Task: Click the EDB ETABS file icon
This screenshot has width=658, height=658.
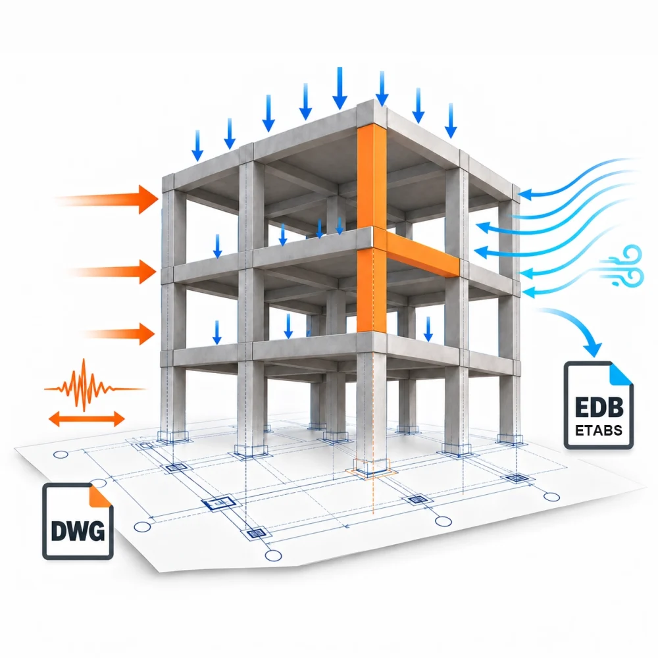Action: tap(598, 405)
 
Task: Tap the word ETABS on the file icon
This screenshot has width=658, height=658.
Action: tap(598, 430)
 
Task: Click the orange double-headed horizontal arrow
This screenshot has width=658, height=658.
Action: tap(86, 418)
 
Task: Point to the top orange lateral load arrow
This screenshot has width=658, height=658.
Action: tap(107, 199)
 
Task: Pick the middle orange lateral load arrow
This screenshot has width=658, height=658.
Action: tap(112, 272)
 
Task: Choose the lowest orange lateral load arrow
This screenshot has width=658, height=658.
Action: tap(119, 334)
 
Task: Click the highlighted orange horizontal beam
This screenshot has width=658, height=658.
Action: tap(422, 254)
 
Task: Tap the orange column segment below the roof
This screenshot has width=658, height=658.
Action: tap(372, 177)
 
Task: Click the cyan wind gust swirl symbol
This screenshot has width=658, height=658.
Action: tap(623, 266)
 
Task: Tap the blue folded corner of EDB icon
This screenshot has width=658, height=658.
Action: tap(621, 374)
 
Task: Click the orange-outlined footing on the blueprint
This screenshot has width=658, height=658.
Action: tap(371, 468)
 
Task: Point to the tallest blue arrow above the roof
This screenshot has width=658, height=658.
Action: tap(340, 88)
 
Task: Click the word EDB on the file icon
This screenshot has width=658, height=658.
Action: tap(599, 407)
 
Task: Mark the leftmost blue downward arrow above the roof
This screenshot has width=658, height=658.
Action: tap(197, 145)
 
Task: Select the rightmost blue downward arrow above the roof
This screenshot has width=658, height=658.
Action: tap(451, 121)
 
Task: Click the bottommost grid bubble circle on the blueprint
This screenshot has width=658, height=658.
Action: tap(273, 555)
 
